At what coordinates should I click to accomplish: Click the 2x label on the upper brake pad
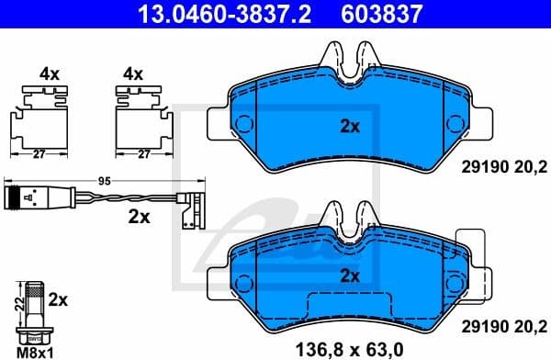tap(349, 128)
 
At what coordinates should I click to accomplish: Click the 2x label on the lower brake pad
tap(349, 276)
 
